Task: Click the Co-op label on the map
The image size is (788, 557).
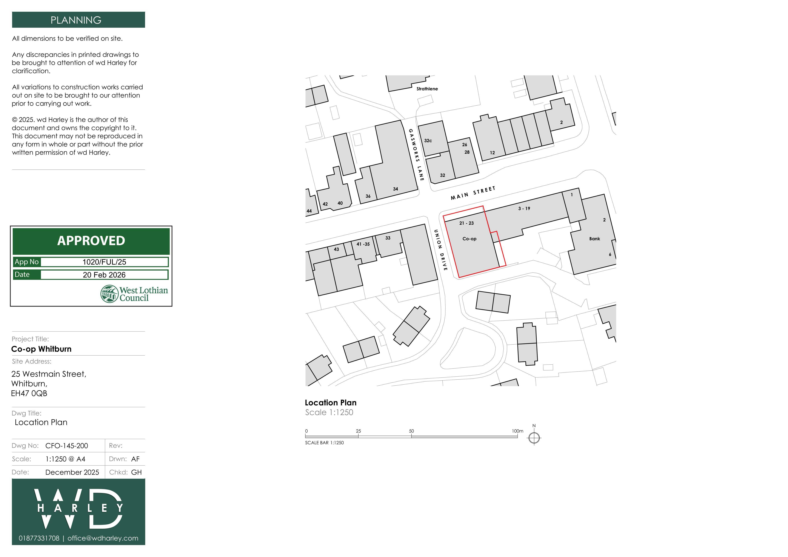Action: (469, 239)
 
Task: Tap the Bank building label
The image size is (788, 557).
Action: (594, 239)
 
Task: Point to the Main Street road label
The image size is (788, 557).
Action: (473, 193)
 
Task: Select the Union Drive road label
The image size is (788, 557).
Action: (441, 250)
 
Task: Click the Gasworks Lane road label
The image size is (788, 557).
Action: (416, 155)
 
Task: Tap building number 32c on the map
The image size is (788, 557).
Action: (428, 141)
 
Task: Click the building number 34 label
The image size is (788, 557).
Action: (395, 189)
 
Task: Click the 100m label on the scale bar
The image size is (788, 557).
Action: (518, 431)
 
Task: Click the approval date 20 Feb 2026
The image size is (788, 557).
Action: (104, 275)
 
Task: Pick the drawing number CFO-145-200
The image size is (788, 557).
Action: (67, 446)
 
